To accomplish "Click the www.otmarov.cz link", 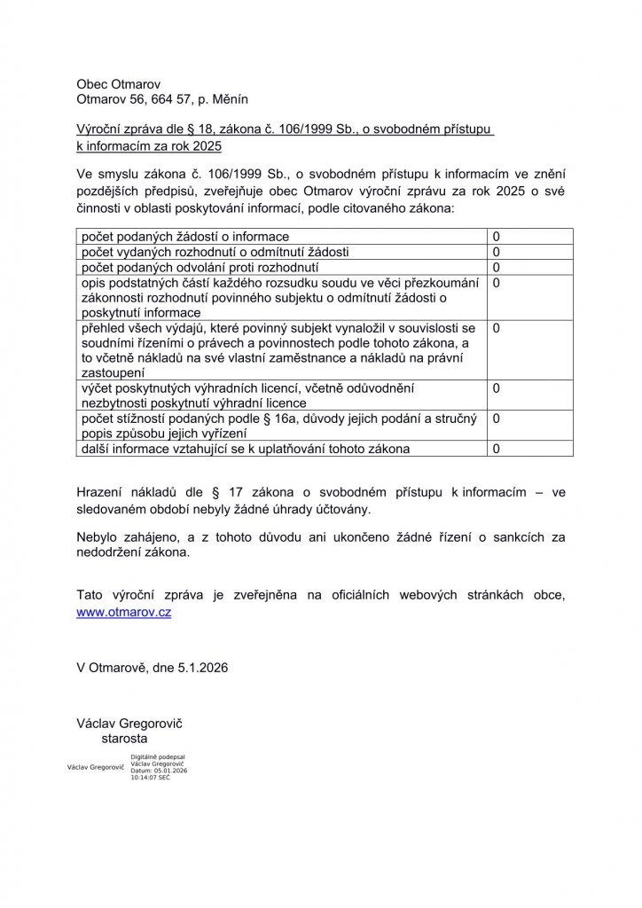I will [x=124, y=612].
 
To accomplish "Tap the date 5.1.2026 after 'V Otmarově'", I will [x=203, y=668].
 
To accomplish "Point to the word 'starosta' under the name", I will [x=125, y=738].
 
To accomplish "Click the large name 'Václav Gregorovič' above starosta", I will [x=129, y=723].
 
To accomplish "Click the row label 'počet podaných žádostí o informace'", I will [x=184, y=237].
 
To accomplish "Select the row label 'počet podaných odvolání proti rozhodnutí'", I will [x=200, y=267].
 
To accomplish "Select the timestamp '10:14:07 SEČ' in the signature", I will [x=151, y=777].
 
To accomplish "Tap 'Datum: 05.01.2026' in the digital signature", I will [x=159, y=771].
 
